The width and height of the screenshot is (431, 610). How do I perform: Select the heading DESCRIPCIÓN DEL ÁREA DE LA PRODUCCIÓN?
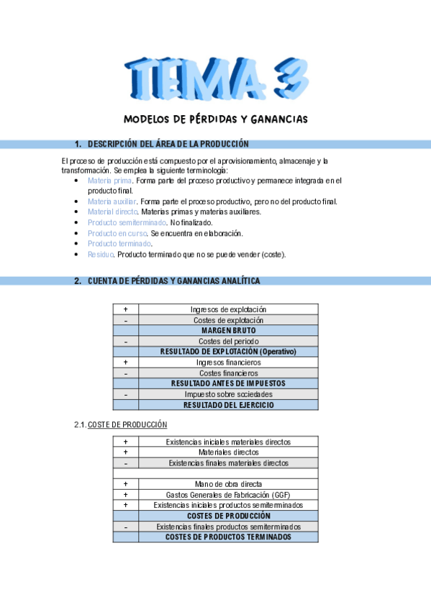(x=168, y=144)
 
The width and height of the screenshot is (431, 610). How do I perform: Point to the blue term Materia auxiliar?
(x=112, y=202)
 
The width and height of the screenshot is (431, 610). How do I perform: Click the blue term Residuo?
(x=100, y=255)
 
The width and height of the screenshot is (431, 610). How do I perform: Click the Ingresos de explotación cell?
(x=228, y=309)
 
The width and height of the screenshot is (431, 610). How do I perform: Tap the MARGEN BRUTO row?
(x=228, y=330)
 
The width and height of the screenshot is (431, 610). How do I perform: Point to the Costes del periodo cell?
(x=228, y=341)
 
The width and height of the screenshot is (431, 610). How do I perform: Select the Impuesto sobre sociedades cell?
(x=228, y=394)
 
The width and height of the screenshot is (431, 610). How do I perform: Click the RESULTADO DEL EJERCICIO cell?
(x=228, y=405)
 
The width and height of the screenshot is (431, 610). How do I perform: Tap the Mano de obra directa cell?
(x=228, y=484)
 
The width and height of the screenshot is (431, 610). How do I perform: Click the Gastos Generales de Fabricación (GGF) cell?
(x=228, y=495)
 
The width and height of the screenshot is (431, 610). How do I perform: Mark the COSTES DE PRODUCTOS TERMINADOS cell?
(x=228, y=537)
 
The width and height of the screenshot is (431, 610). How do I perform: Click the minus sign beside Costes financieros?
(x=126, y=373)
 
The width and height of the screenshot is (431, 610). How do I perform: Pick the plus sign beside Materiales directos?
(x=126, y=452)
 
